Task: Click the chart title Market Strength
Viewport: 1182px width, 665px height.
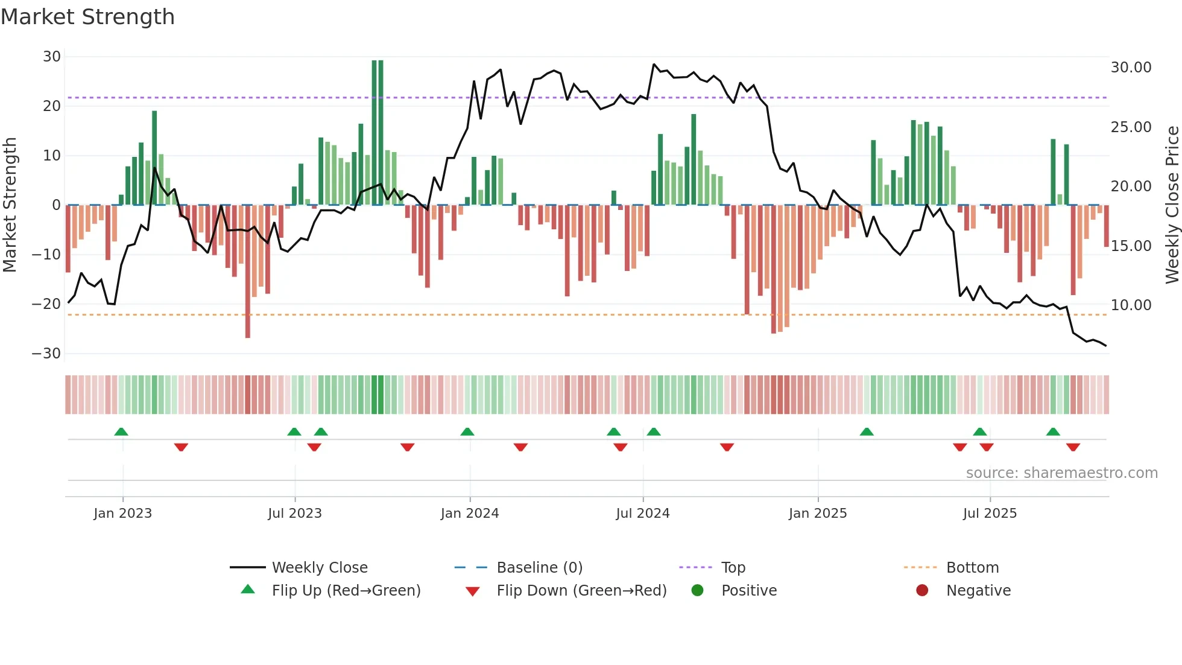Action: coord(88,17)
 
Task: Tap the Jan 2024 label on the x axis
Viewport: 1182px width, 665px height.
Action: coord(470,514)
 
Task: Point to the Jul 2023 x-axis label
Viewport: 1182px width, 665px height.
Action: coord(295,514)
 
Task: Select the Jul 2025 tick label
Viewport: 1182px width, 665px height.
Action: coord(990,514)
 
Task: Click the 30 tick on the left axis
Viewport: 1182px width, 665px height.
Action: coord(52,57)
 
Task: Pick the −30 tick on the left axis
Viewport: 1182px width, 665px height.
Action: coord(46,354)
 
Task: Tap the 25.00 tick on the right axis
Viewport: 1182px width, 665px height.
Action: coord(1131,127)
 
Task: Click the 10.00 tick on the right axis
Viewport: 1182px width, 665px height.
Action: coord(1131,305)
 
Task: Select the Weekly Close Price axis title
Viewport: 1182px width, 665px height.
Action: coord(1172,205)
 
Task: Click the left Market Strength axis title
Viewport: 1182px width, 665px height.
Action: coord(10,205)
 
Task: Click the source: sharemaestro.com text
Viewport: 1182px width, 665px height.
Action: coord(1061,473)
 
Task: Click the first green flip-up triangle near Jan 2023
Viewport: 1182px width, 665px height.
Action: coord(121,432)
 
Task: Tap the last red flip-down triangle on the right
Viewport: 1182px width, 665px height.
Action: coord(1073,447)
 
